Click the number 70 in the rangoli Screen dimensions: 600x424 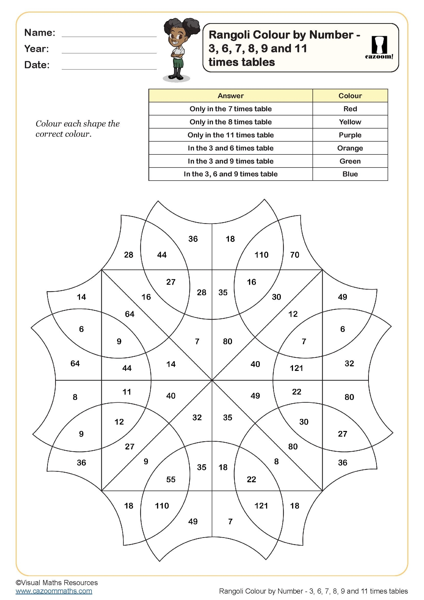[295, 255]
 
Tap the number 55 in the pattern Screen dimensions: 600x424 [171, 479]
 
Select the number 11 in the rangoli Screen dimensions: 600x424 [127, 392]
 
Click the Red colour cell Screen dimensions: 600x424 [350, 109]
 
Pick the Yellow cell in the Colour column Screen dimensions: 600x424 [350, 122]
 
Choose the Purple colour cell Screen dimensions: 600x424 [350, 135]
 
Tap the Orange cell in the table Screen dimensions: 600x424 [350, 148]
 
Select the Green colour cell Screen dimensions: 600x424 [350, 161]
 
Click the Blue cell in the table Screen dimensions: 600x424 [350, 174]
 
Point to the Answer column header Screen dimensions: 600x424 [230, 96]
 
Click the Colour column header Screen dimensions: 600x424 [350, 96]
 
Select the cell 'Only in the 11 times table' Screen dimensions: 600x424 [230, 135]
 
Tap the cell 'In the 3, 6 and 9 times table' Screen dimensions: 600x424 [230, 174]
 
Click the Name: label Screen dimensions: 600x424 [40, 33]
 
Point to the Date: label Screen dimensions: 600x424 [37, 65]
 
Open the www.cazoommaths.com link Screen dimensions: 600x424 [54, 591]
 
